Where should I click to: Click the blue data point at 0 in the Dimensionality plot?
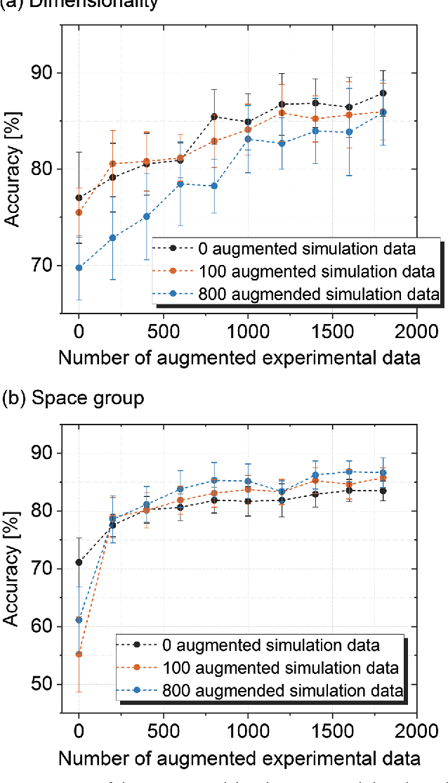pyautogui.click(x=79, y=268)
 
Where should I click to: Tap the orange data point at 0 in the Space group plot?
pyautogui.click(x=79, y=654)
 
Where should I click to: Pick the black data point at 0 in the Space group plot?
pyautogui.click(x=79, y=562)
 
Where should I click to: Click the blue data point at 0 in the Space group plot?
pyautogui.click(x=79, y=620)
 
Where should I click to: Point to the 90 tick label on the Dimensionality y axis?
pyautogui.click(x=45, y=73)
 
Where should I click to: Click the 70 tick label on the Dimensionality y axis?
pyautogui.click(x=45, y=266)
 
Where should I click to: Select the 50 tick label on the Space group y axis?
pyautogui.click(x=45, y=684)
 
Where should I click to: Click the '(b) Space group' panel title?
pyautogui.click(x=73, y=398)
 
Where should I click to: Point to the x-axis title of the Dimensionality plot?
pyautogui.click(x=239, y=358)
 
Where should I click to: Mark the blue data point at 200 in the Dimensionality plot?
pyautogui.click(x=112, y=238)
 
